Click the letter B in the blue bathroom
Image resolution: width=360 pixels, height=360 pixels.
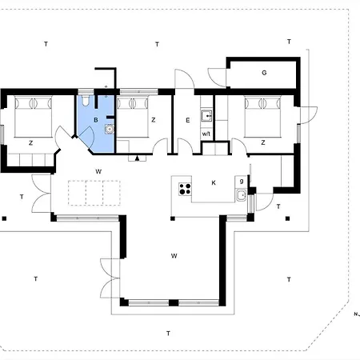95,120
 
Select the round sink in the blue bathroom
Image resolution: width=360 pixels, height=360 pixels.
110,128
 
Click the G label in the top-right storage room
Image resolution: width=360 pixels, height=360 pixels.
263,73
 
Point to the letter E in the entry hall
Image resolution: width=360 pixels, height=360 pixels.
187,121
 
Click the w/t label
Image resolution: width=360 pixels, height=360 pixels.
206,134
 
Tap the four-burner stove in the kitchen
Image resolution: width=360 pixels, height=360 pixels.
185,190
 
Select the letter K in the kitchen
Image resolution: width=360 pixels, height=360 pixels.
213,183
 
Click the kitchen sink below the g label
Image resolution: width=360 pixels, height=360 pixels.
239,194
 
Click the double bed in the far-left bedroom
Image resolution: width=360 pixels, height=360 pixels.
32,113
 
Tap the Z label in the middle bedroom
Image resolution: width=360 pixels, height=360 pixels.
152,121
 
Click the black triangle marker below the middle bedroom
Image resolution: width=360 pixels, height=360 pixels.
138,158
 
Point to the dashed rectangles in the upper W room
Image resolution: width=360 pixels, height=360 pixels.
94,193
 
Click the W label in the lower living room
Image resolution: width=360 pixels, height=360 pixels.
174,256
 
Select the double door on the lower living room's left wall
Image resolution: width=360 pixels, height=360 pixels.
105,276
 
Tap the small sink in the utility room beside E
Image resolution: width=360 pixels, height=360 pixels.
206,115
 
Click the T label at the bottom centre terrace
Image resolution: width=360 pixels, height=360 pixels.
168,332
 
